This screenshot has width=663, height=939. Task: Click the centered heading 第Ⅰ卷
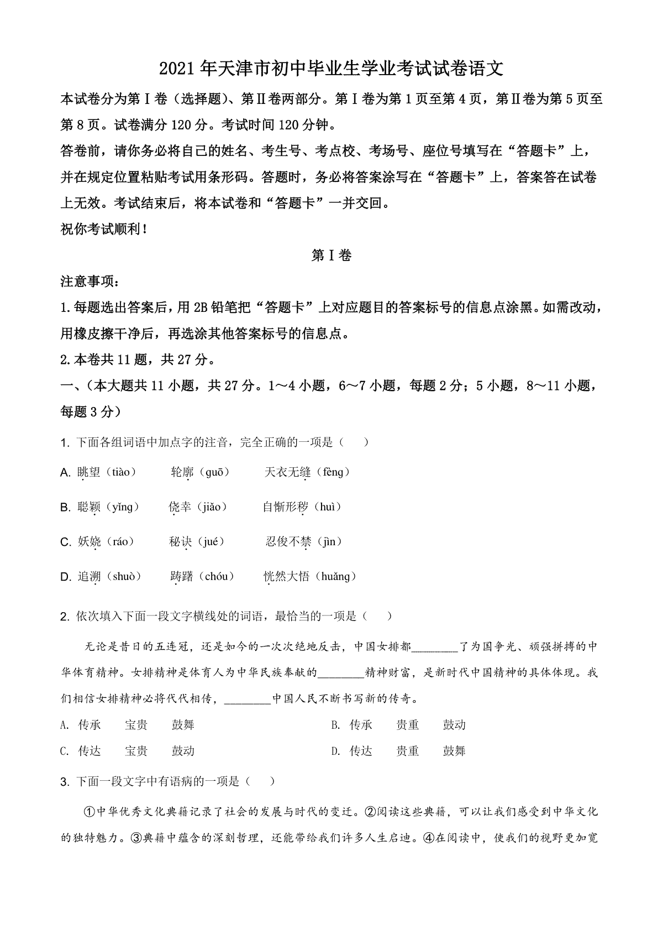click(x=331, y=255)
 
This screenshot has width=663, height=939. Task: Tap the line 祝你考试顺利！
click(x=103, y=229)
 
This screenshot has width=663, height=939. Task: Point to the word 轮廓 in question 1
click(x=182, y=472)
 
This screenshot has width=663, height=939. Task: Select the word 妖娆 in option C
click(x=89, y=542)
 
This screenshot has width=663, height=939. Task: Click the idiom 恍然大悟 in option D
click(x=286, y=577)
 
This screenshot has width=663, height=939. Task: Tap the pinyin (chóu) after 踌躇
click(x=216, y=577)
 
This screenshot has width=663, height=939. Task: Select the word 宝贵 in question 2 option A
click(x=136, y=725)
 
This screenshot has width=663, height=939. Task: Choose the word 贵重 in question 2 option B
click(x=407, y=725)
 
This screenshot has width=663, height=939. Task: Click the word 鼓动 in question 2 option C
click(x=183, y=751)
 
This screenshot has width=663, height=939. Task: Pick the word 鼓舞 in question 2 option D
click(x=454, y=751)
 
